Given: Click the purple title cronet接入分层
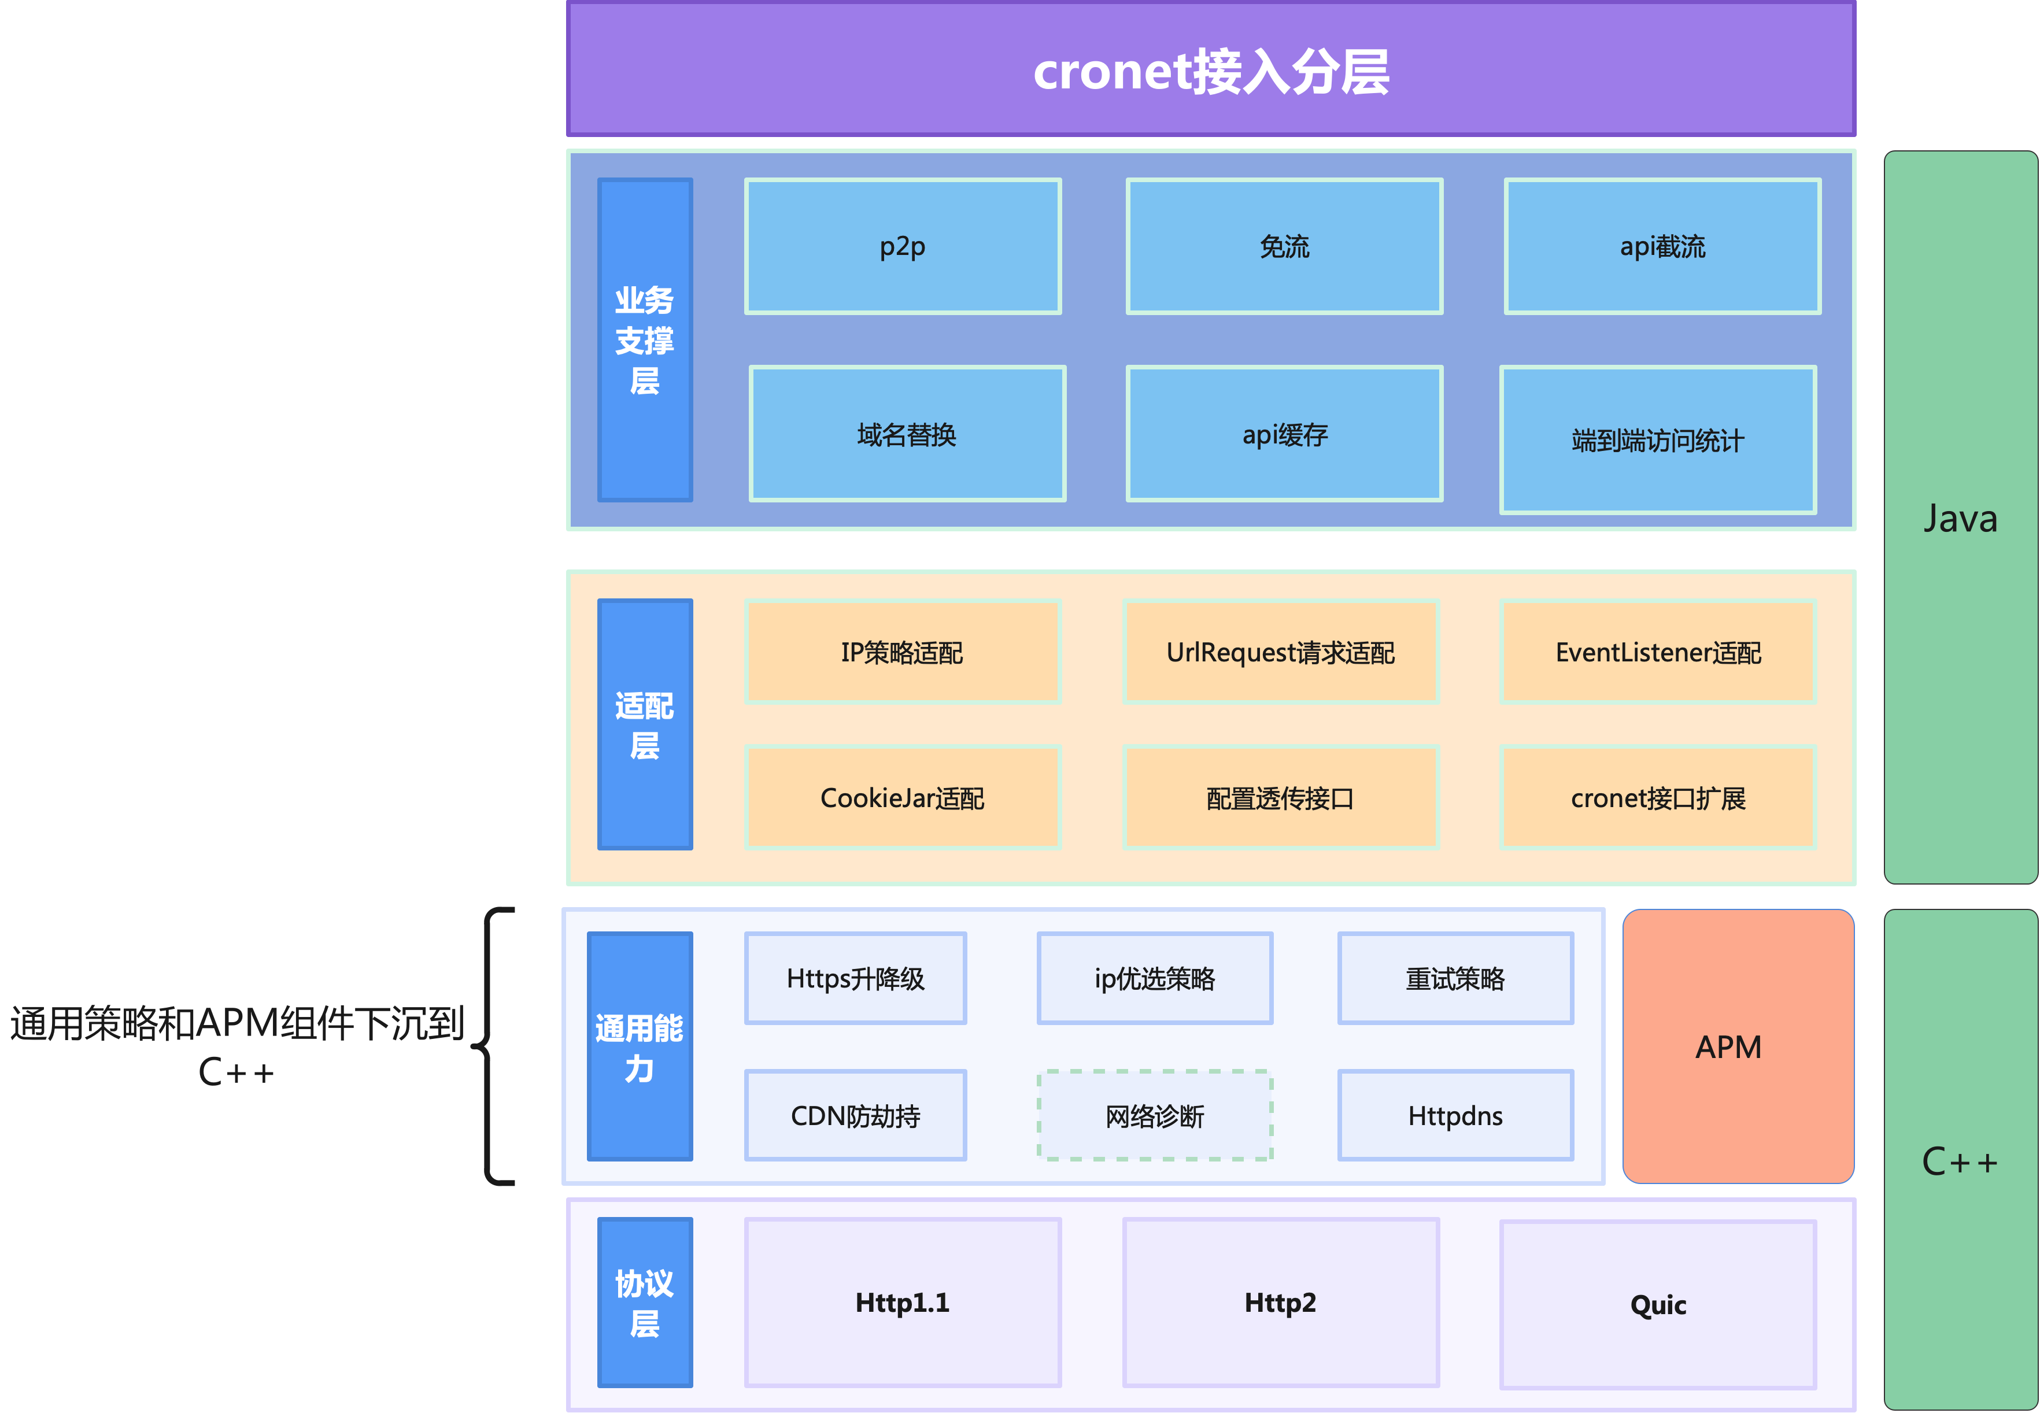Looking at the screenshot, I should pyautogui.click(x=1210, y=71).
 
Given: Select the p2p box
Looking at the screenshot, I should pyautogui.click(x=902, y=246).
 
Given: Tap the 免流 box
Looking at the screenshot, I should pyautogui.click(x=1284, y=246).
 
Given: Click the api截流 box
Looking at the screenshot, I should pyautogui.click(x=1662, y=246).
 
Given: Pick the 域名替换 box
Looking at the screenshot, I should pyautogui.click(x=907, y=434).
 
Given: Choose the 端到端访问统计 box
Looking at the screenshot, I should pyautogui.click(x=1657, y=440).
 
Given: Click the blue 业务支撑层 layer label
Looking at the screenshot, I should pyautogui.click(x=645, y=340).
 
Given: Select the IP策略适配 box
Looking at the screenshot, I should pyautogui.click(x=902, y=653).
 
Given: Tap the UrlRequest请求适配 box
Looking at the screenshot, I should pyautogui.click(x=1280, y=653).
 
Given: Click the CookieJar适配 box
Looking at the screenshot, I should pyautogui.click(x=902, y=798).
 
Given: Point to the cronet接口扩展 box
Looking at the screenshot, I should pyautogui.click(x=1657, y=798).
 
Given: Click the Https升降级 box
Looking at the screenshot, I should pyautogui.click(x=855, y=978).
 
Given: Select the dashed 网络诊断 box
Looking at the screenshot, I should pyautogui.click(x=1155, y=1115).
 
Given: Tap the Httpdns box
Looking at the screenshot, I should pyautogui.click(x=1455, y=1115).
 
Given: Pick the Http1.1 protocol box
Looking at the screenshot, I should pyautogui.click(x=902, y=1303).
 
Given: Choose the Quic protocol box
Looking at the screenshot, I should pyautogui.click(x=1657, y=1304).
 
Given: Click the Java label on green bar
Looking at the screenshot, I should pyautogui.click(x=1960, y=519).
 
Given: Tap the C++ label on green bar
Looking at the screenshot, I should pyautogui.click(x=1960, y=1162).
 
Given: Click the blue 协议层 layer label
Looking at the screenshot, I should pyautogui.click(x=645, y=1303).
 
